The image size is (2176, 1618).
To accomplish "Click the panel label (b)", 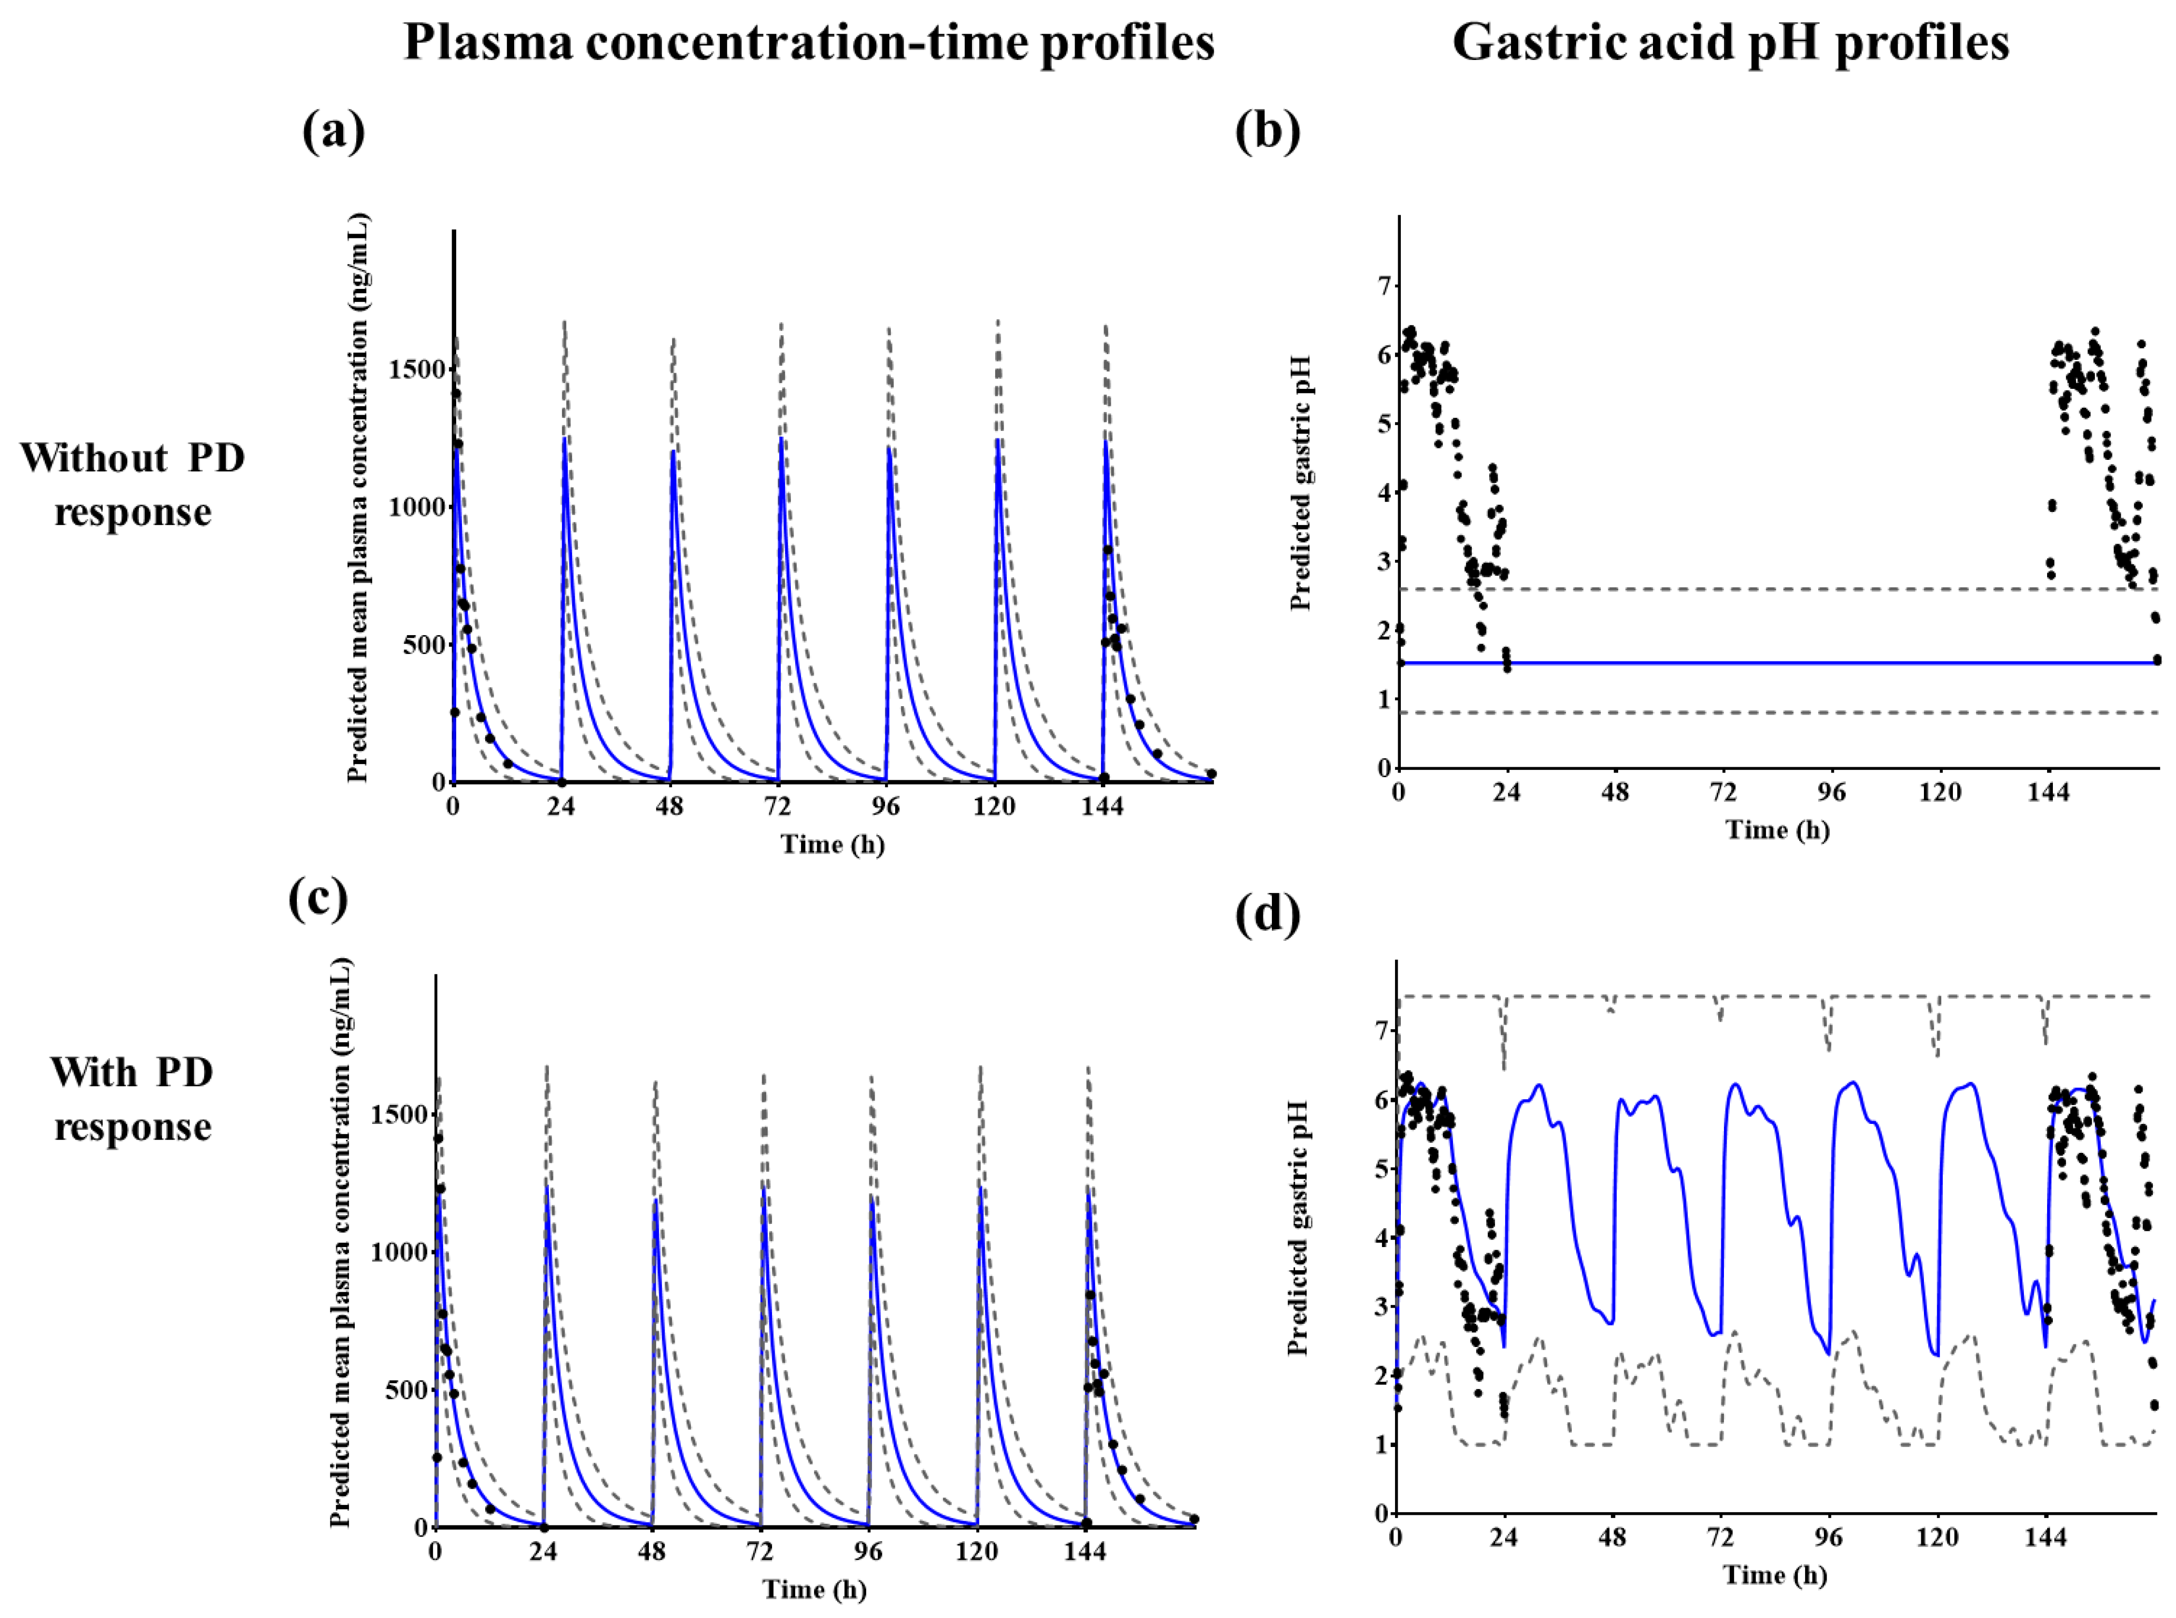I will (x=1267, y=131).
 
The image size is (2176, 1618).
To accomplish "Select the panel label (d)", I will (x=1267, y=915).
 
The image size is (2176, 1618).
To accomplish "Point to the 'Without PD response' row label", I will (x=132, y=485).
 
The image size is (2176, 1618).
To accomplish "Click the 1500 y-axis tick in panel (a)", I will (x=418, y=370).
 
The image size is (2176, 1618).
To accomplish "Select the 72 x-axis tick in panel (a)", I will (x=778, y=807).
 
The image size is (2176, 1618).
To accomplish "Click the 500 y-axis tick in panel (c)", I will (x=403, y=1391).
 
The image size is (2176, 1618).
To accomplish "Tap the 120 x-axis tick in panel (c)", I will (x=976, y=1552).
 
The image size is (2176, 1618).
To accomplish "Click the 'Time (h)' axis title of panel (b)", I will (x=1777, y=830).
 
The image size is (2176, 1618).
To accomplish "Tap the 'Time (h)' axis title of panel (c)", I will (x=815, y=1590).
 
